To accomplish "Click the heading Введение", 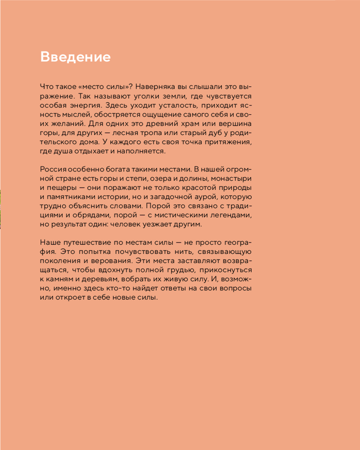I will click(75, 57).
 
